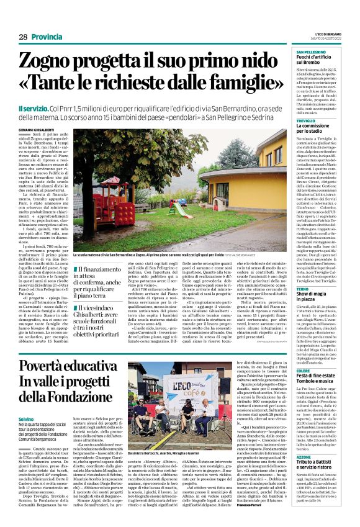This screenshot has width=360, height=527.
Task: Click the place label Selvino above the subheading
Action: click(x=27, y=419)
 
